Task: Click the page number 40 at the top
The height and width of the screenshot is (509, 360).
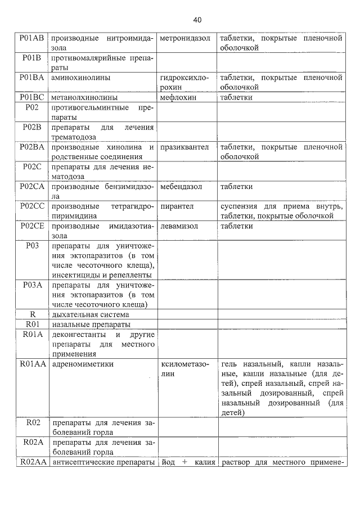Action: pyautogui.click(x=197, y=20)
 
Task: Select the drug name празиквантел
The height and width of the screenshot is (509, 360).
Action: pyautogui.click(x=184, y=147)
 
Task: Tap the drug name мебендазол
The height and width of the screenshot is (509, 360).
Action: pyautogui.click(x=181, y=186)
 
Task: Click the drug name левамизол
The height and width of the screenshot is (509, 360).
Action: pyautogui.click(x=181, y=226)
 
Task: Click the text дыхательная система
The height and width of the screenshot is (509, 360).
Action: pyautogui.click(x=91, y=314)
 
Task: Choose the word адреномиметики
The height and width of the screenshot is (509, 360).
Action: pyautogui.click(x=82, y=364)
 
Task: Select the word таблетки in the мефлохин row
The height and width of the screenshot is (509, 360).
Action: pyautogui.click(x=236, y=97)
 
